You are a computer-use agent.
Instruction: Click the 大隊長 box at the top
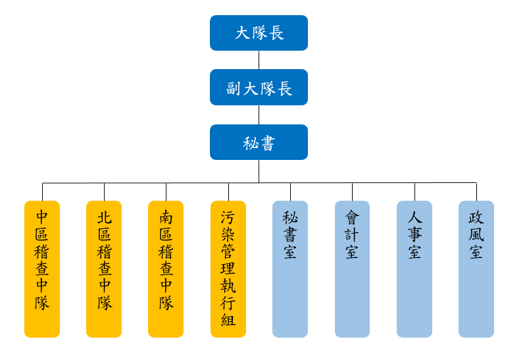259,33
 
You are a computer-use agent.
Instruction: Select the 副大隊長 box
259,88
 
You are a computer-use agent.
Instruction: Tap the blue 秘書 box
259,142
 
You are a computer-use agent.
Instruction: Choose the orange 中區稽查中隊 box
42,269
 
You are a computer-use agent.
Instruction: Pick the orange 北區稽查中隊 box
104,269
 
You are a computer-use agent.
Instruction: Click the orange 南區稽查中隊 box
166,269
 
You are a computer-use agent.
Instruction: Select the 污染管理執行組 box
228,269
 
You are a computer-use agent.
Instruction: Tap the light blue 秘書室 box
290,269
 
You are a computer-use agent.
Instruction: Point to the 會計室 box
352,269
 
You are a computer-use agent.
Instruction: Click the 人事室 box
414,269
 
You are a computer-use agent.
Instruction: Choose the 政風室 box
476,269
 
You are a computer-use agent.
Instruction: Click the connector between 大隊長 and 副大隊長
259,60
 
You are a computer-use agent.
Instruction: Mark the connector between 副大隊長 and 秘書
259,115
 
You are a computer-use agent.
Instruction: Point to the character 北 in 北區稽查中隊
104,217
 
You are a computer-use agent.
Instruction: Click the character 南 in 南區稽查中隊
166,217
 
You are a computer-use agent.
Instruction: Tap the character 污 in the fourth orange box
228,217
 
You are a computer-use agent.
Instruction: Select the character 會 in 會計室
352,217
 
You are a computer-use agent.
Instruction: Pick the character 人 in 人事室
414,217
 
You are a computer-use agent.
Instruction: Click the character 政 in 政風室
476,217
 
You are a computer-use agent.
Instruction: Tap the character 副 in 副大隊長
234,88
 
